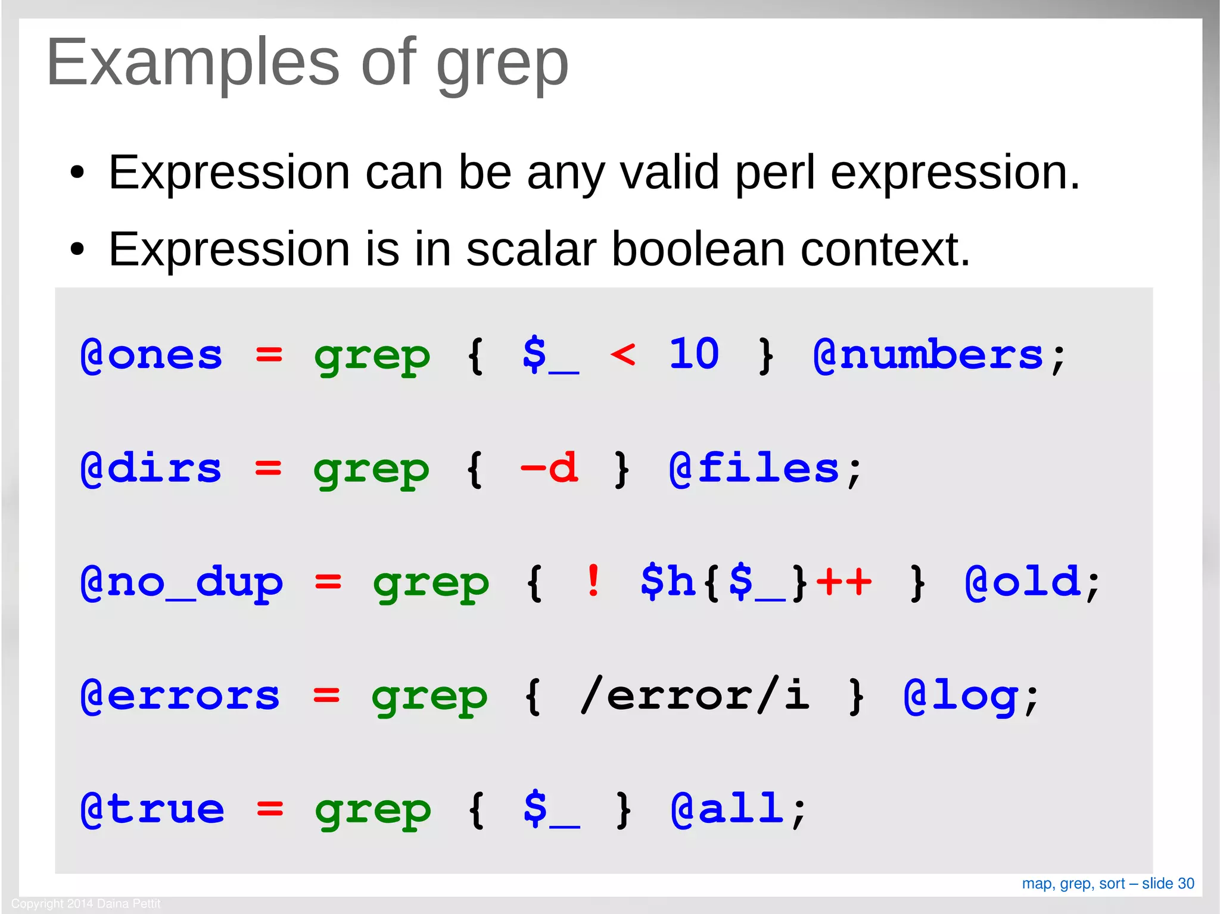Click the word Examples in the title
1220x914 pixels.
coord(192,63)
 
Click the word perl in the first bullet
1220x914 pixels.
coord(774,173)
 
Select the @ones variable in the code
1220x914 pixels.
coord(151,355)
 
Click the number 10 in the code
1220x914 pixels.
coord(694,354)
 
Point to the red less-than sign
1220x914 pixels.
coord(623,355)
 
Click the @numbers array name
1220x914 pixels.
coord(928,355)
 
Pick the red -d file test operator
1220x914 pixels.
coord(549,468)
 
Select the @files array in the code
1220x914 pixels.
coord(754,469)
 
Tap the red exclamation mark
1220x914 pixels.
coord(593,581)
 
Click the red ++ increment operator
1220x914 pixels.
coord(844,581)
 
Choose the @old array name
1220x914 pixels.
coord(1022,582)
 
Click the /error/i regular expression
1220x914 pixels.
coord(695,695)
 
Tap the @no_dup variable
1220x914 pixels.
coord(182,582)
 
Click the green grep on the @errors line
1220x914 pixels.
coord(430,697)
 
